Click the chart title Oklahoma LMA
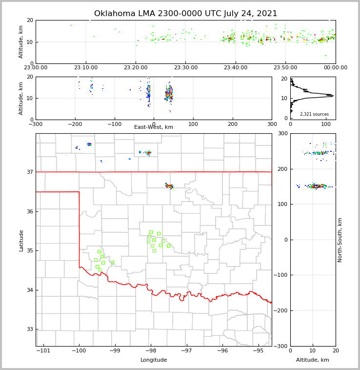185,14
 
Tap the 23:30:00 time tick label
186,68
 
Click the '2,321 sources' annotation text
314,114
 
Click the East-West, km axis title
154,127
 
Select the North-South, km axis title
340,240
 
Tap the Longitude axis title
154,360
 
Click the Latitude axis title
21,240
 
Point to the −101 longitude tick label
43,350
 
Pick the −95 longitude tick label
258,350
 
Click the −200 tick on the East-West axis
75,124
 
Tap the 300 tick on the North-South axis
282,133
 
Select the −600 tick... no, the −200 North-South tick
281,310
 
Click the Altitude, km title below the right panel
313,360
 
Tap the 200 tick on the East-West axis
233,124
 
